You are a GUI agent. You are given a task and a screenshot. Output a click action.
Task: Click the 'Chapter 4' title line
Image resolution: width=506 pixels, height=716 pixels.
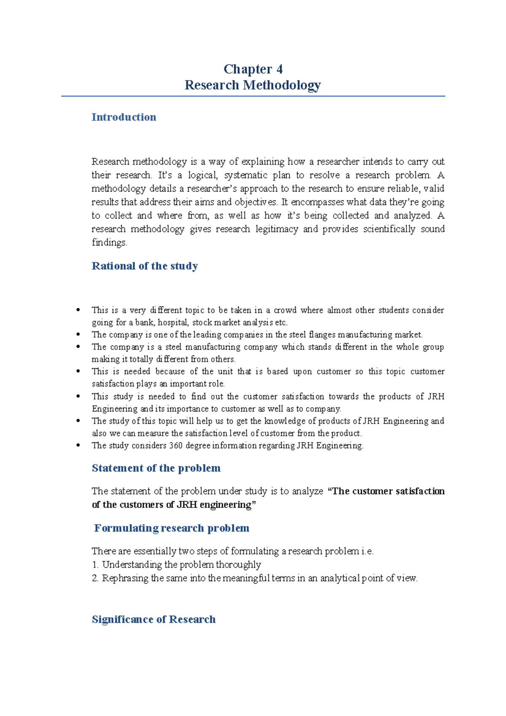coord(253,69)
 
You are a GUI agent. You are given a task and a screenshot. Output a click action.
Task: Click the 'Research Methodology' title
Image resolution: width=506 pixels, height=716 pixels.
coord(253,85)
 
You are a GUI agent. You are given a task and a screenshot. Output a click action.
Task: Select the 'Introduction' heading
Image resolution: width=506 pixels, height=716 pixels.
coord(124,117)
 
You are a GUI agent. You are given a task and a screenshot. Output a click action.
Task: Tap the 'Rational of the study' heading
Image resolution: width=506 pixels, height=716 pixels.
coord(145,266)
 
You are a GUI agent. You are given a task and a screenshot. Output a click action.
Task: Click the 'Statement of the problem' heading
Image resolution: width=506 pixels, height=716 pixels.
coord(156,468)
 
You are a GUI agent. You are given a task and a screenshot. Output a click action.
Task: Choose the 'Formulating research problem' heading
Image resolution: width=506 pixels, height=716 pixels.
coord(172,528)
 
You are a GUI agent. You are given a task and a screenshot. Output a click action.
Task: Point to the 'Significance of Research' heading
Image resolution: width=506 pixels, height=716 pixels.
coord(153,619)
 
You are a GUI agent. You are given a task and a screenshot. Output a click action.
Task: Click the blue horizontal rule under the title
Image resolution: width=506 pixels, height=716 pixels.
coord(253,96)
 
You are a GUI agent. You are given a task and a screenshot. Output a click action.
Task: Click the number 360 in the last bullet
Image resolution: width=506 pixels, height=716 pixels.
coord(176,446)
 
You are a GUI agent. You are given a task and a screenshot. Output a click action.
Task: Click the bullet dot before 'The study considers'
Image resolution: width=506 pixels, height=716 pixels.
coord(78,445)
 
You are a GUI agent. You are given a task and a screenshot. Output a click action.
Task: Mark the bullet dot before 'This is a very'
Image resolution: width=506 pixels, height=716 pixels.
coord(78,310)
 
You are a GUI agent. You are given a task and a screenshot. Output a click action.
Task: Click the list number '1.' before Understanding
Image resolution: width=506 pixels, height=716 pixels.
coord(95,565)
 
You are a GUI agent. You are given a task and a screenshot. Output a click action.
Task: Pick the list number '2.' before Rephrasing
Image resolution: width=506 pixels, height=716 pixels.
coord(95,579)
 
